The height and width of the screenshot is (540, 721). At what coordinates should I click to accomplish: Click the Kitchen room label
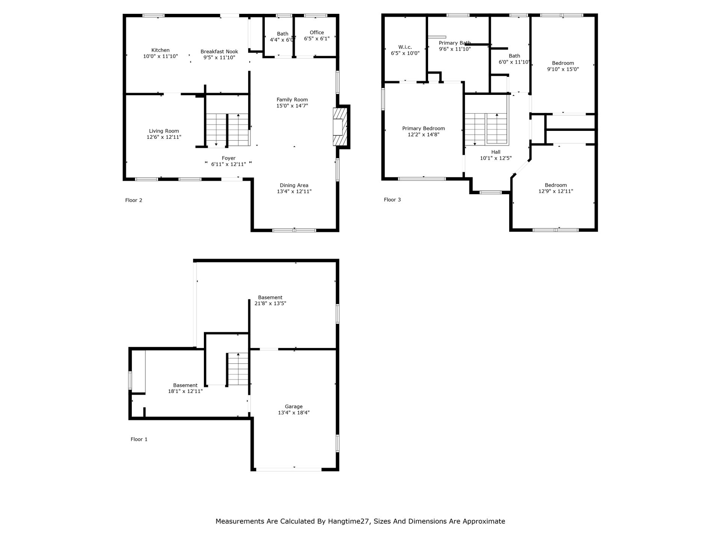pos(160,50)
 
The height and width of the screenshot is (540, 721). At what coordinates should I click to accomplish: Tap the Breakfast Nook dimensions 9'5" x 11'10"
pos(219,58)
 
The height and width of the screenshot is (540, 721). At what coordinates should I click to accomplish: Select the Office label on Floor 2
pos(317,33)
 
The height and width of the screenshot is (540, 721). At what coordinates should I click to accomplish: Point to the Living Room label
pos(164,131)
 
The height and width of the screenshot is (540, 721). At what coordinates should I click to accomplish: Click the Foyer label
pos(229,158)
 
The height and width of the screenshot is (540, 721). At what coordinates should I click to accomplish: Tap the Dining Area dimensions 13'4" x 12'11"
pos(294,192)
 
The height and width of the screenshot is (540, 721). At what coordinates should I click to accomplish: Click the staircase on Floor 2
pos(227,130)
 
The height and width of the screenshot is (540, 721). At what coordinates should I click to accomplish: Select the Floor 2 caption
pos(134,200)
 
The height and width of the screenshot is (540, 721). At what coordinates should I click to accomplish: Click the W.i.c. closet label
pos(405,47)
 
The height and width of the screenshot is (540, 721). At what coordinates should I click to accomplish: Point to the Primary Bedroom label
pos(424,129)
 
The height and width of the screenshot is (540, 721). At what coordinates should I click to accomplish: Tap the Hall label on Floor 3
pos(496,152)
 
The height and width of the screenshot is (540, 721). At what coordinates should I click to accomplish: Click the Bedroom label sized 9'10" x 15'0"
pos(563,63)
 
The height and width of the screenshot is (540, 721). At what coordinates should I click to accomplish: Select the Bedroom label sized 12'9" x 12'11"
pos(556,185)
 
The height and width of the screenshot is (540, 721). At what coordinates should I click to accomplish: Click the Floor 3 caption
pos(392,200)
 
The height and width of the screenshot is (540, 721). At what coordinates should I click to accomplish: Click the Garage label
pos(294,406)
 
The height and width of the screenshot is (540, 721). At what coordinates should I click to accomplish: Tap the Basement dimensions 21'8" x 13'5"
pos(270,304)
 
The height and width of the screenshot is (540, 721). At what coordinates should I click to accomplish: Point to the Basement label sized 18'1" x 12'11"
pos(185,385)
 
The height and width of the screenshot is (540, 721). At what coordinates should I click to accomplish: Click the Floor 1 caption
pos(139,439)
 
